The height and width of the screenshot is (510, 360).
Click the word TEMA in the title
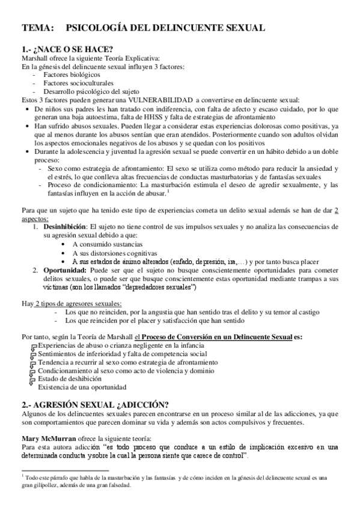37,28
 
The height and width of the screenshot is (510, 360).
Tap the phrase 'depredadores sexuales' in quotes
159,287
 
